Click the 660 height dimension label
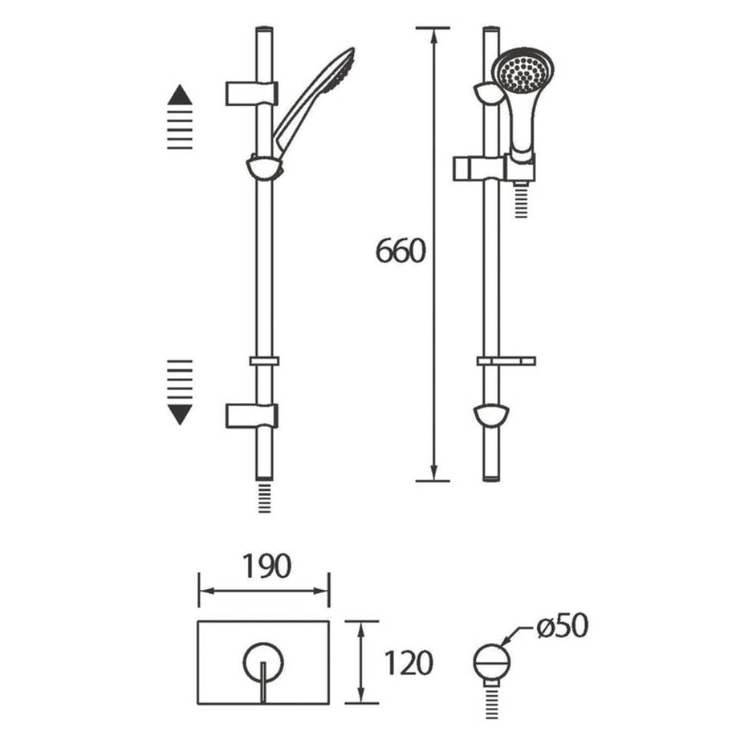click(399, 251)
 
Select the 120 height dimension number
click(409, 663)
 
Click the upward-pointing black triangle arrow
click(180, 96)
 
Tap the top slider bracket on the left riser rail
click(252, 92)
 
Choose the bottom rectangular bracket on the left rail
click(251, 415)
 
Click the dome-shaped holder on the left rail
click(264, 167)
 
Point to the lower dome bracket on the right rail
click(490, 415)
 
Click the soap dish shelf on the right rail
click(506, 360)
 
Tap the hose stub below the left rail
click(264, 497)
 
